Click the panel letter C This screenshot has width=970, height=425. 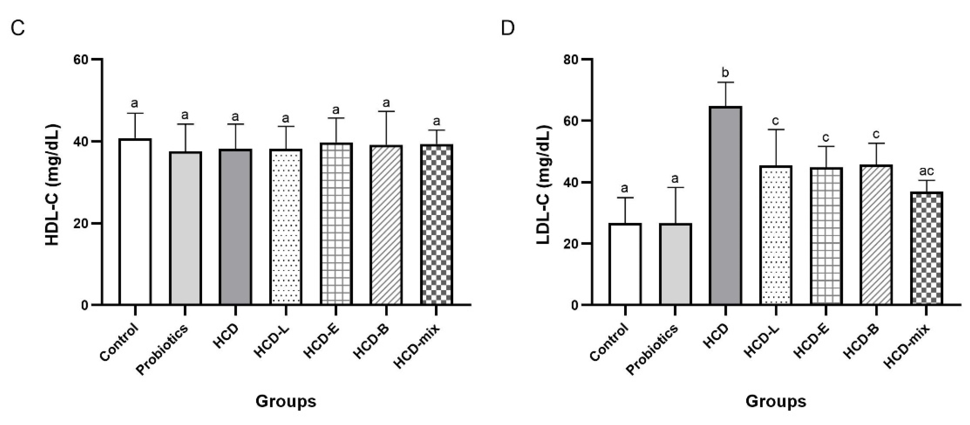click(18, 28)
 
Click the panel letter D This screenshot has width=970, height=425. click(508, 28)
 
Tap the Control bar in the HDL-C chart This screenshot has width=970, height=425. click(135, 222)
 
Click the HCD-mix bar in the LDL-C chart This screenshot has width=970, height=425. click(926, 249)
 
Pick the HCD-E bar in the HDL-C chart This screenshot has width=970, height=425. click(336, 224)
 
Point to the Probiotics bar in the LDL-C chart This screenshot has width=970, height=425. click(675, 264)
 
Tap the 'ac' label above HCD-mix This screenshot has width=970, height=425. click(926, 171)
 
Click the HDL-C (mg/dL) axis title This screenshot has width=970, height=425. click(53, 184)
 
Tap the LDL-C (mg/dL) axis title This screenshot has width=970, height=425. click(543, 184)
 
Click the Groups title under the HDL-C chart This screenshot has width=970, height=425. click(286, 401)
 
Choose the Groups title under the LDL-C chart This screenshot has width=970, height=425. click(776, 401)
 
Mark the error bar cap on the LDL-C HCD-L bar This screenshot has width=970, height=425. click(776, 129)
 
